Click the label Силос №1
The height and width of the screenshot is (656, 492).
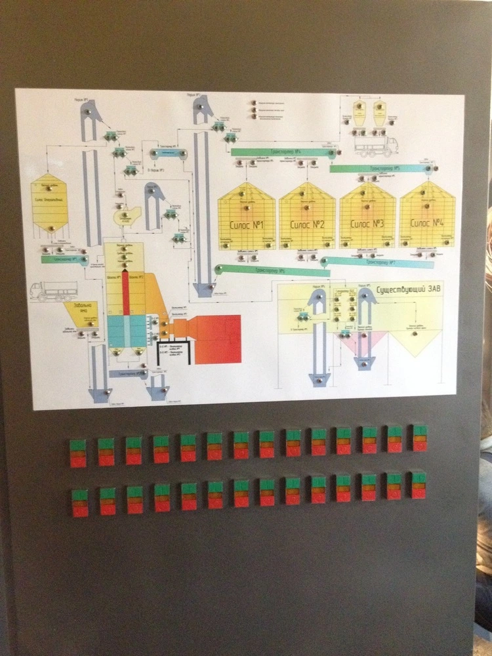(x=247, y=224)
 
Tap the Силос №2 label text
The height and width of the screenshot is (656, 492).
(x=307, y=224)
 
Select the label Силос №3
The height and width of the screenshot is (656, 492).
(x=367, y=223)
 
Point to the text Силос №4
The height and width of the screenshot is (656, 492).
(x=427, y=222)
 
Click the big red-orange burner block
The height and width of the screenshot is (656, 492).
(x=216, y=338)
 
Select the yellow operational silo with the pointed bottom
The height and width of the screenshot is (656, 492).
(x=50, y=203)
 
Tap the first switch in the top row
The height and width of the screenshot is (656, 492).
(x=78, y=453)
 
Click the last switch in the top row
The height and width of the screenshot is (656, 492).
(x=419, y=438)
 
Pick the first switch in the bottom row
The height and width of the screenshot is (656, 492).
(x=80, y=502)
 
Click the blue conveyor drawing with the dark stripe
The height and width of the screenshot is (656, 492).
(x=168, y=154)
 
